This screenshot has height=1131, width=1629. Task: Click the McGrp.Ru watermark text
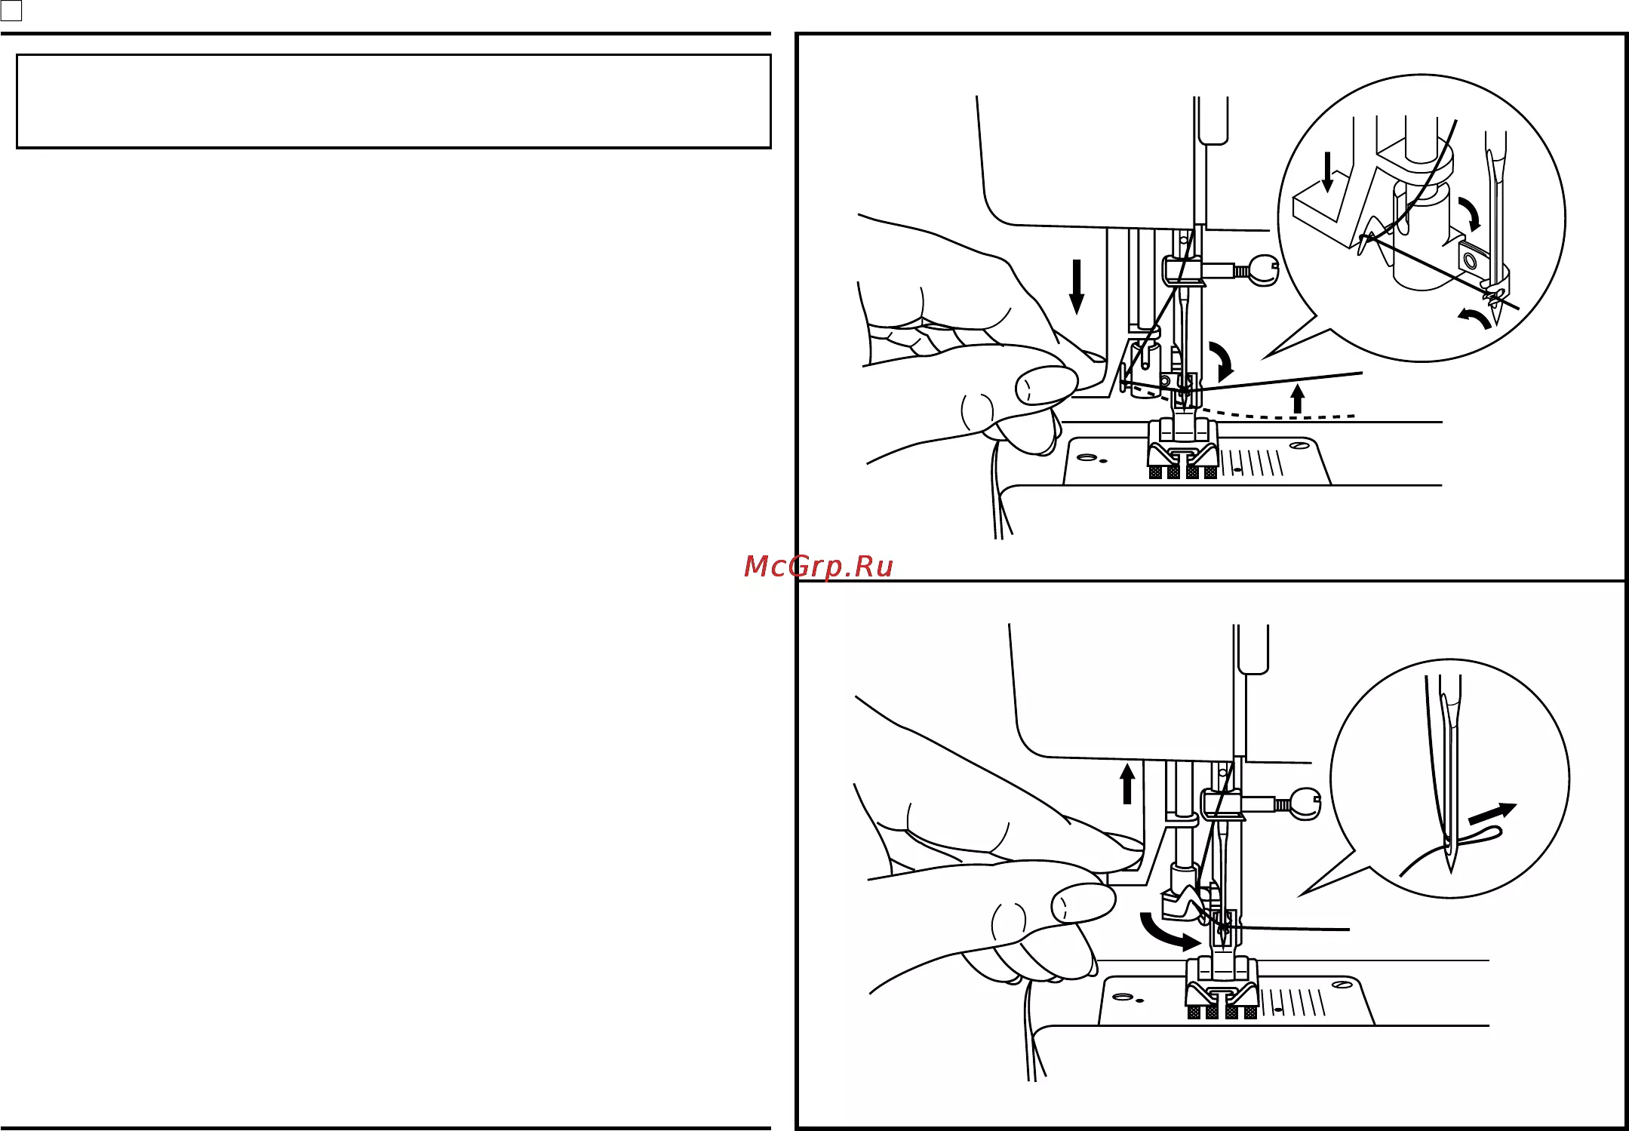[819, 566]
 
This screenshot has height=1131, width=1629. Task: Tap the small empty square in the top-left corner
[11, 11]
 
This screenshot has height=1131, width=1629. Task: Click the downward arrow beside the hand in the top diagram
[1077, 286]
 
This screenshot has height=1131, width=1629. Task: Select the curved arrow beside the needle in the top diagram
[1223, 361]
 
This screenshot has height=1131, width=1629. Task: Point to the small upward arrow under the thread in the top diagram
[1298, 398]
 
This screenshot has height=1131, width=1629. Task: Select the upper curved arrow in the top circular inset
[1470, 214]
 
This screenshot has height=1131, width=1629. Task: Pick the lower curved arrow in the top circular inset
[1474, 317]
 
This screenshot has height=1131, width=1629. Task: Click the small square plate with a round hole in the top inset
[1470, 260]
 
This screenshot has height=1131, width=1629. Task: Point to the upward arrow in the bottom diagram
[1127, 784]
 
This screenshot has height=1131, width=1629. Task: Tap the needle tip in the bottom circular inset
[1451, 871]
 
